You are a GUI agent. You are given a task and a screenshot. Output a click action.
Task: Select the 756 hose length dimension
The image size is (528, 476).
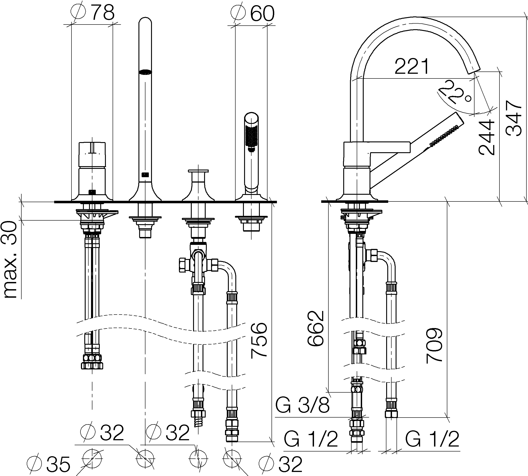coord(259,340)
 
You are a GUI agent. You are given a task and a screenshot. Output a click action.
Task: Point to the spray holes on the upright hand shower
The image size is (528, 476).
coord(252,136)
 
